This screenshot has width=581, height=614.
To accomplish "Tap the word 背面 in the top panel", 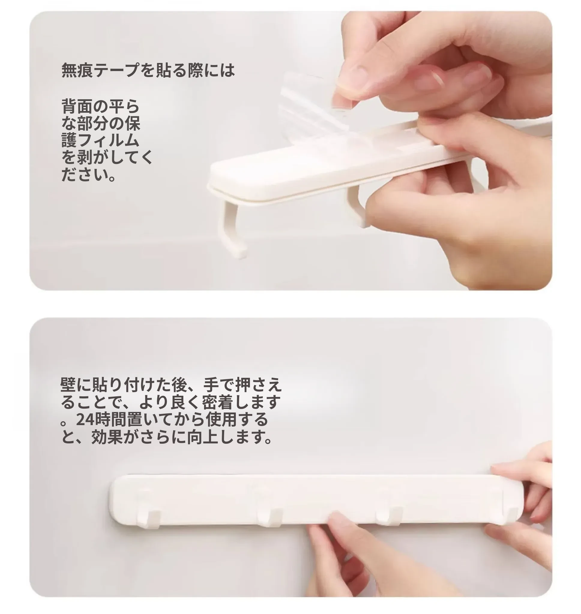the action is (x=77, y=106).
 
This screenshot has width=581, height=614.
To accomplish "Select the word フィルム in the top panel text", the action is (x=108, y=140).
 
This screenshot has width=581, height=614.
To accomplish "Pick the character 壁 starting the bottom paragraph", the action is (x=68, y=384).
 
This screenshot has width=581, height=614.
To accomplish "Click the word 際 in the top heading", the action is (x=195, y=70).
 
